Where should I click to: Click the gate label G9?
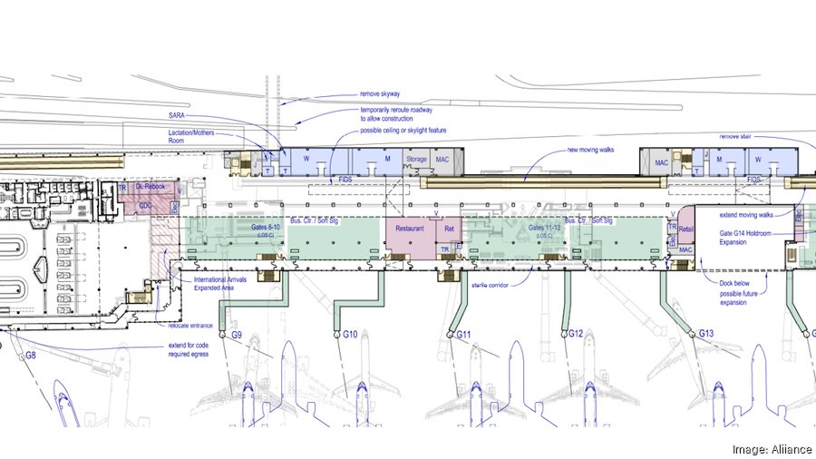coord(236,336)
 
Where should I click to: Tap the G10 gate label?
coord(350,335)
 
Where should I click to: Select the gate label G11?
coord(464,336)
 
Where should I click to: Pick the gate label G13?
coord(707,334)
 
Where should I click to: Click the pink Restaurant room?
coord(410,229)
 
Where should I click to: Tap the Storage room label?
coord(416,161)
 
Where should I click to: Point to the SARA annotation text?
coord(177,117)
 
